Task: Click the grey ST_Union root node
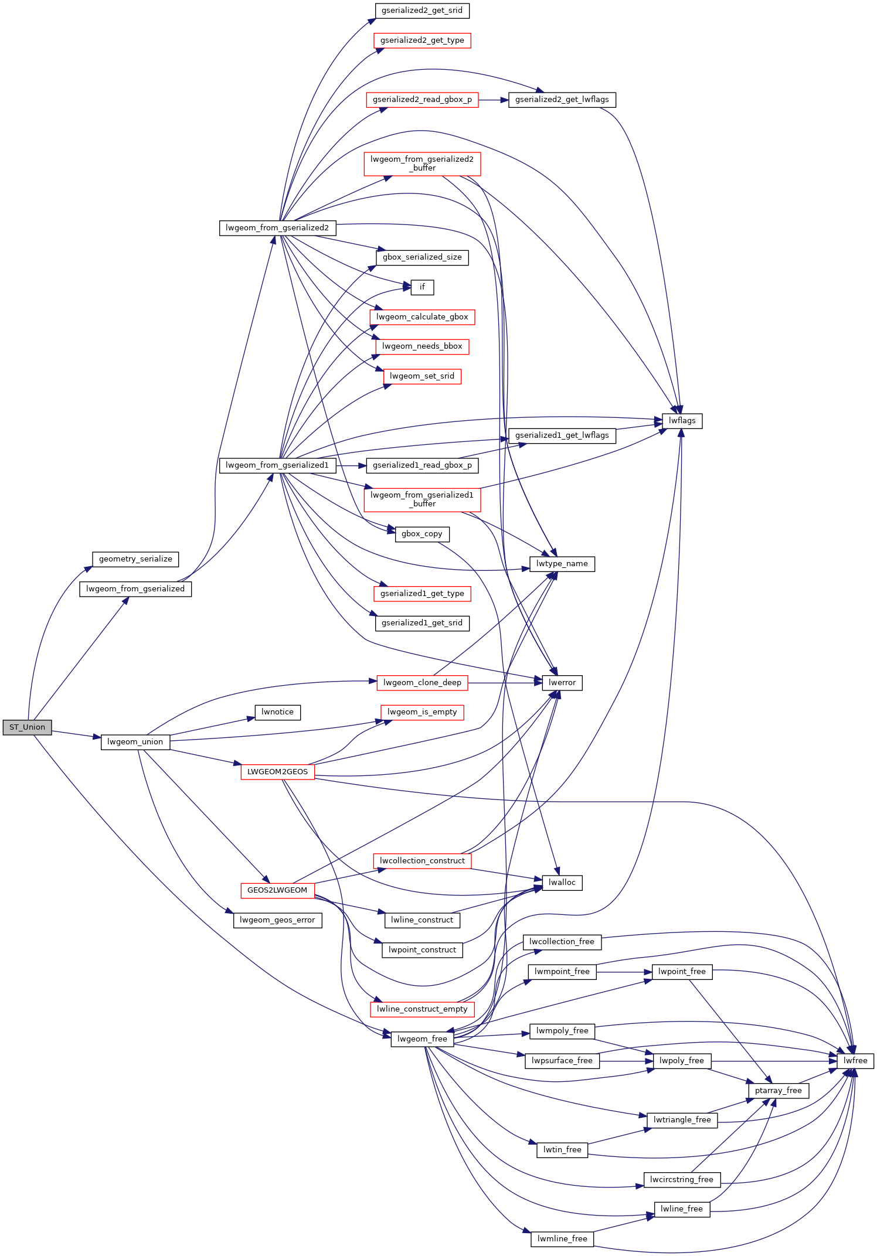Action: pyautogui.click(x=27, y=727)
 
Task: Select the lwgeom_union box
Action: pyautogui.click(x=135, y=742)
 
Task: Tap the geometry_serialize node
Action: pyautogui.click(x=135, y=559)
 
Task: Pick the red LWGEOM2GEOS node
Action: pyautogui.click(x=277, y=772)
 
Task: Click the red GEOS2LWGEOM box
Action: pyautogui.click(x=277, y=890)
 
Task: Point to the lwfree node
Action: pyautogui.click(x=855, y=1061)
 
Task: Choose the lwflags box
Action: pyautogui.click(x=682, y=421)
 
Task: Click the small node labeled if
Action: pyautogui.click(x=422, y=287)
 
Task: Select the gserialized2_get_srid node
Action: pyautogui.click(x=422, y=11)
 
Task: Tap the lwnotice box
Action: pyautogui.click(x=278, y=712)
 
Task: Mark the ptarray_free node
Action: pyautogui.click(x=779, y=1091)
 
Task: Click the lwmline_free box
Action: pyautogui.click(x=562, y=1239)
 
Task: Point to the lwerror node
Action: pyautogui.click(x=562, y=683)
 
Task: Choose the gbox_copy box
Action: pyautogui.click(x=422, y=534)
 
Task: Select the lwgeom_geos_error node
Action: pyautogui.click(x=277, y=920)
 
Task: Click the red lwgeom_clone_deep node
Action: pyautogui.click(x=422, y=683)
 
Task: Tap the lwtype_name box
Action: pyautogui.click(x=562, y=564)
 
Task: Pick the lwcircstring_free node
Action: pyautogui.click(x=682, y=1180)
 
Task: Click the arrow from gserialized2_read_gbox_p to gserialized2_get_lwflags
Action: pyautogui.click(x=494, y=100)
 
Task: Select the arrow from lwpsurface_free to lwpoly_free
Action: pyautogui.click(x=627, y=1061)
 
